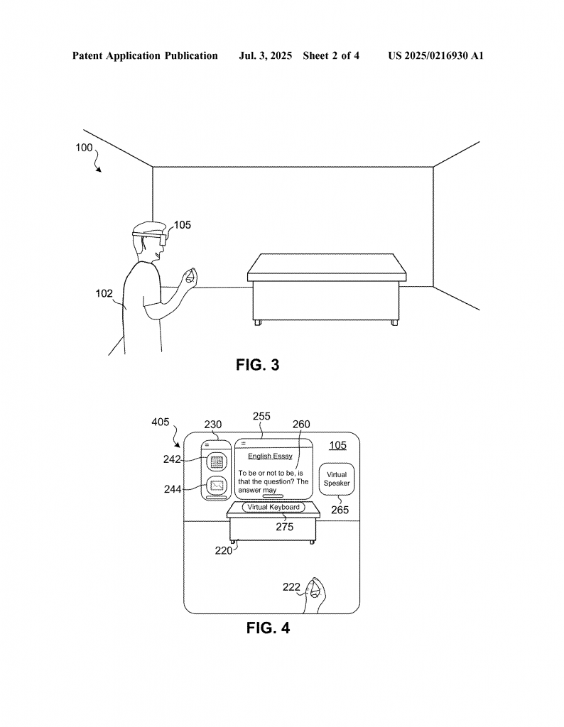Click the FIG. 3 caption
coord(257,365)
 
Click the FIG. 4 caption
coord(268,628)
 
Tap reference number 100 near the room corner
coord(84,148)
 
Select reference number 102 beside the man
coord(104,293)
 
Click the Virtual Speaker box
coord(337,479)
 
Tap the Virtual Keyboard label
coord(273,507)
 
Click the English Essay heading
coord(270,457)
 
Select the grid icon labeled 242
coord(216,461)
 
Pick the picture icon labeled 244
coord(216,486)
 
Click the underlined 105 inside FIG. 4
coord(337,445)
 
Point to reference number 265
coord(340,510)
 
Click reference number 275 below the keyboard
coord(285,527)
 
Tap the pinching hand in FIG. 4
coord(315,595)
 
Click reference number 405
coord(161,422)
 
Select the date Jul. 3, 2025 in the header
coord(265,56)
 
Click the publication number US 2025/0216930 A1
coord(435,55)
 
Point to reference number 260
coord(301,425)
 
